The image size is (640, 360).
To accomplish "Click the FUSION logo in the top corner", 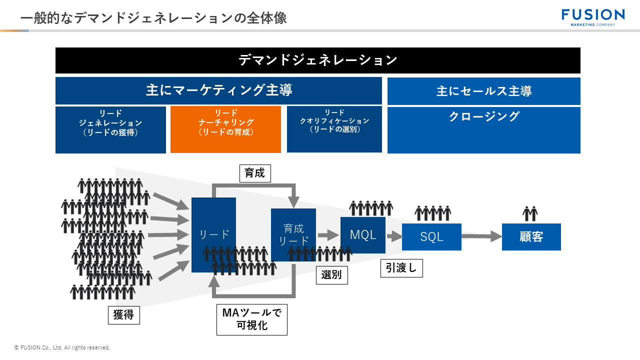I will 593,17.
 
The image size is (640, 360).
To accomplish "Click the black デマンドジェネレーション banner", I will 317,60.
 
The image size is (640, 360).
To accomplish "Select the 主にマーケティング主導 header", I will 218,90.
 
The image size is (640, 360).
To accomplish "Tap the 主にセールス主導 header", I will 483,91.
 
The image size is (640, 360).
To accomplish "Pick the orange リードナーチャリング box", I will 225,129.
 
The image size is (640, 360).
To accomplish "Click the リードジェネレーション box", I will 110,129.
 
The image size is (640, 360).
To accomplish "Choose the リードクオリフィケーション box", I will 334,129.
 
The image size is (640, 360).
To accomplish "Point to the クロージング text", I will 483,117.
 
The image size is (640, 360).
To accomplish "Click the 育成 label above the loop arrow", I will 255,173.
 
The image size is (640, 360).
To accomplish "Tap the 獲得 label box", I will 123,315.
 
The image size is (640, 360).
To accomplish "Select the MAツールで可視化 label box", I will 251,319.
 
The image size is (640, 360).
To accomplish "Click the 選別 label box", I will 331,275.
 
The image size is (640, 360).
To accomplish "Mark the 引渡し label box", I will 401,268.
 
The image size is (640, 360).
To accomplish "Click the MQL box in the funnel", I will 363,235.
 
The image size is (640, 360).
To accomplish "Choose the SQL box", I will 431,237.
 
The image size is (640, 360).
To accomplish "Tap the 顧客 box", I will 531,237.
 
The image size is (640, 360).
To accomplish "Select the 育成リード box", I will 293,234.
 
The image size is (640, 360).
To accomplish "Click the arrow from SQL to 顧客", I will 481,236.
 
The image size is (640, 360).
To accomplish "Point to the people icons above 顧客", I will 530,213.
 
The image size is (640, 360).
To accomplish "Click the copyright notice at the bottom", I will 62,347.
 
